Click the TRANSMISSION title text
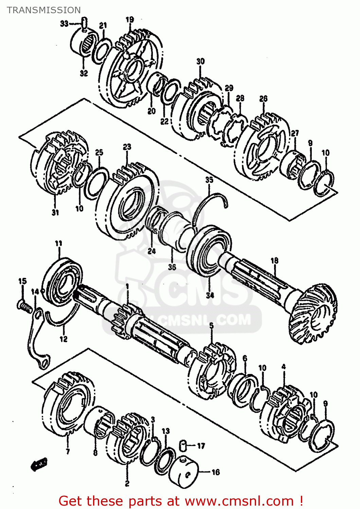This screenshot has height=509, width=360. coord(44,10)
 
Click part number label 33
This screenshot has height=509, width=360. coord(64,24)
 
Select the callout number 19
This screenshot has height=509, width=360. coord(130,19)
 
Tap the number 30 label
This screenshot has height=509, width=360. coord(200,61)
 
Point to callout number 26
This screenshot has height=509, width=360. coord(263,99)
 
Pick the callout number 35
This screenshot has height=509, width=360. coord(209,180)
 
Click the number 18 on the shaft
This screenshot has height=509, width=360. coord(274,261)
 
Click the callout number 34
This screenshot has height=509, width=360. coord(210,295)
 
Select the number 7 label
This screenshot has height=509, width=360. coord(68,451)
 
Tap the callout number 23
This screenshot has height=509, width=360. coord(127,147)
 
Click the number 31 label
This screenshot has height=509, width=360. coord(55,212)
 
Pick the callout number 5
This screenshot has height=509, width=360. coord(211,326)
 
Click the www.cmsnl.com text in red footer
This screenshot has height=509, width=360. coord(239,501)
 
